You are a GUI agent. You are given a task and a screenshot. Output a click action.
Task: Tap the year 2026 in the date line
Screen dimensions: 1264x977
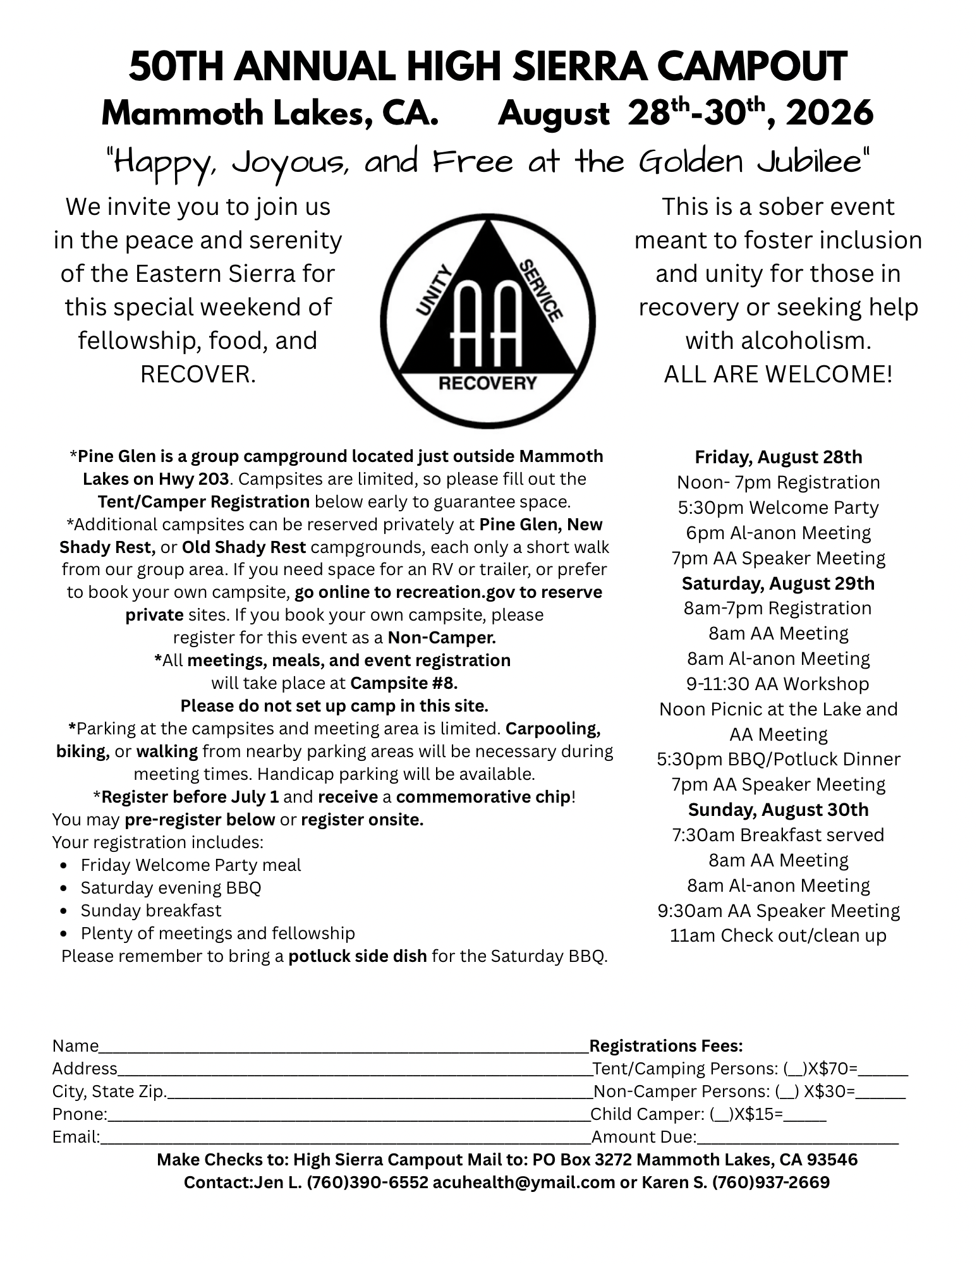829,114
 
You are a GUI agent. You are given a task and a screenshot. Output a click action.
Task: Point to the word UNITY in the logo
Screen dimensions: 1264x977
435,290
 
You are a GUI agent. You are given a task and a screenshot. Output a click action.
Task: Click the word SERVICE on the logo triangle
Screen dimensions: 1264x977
541,289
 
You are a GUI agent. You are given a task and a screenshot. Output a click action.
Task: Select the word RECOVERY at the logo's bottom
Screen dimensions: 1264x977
487,383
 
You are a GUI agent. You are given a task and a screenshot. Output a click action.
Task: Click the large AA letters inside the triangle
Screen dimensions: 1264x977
488,322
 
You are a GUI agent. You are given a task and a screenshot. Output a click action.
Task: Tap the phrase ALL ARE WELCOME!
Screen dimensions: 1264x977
778,374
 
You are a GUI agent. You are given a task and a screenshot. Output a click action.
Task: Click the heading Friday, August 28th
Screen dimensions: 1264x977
778,457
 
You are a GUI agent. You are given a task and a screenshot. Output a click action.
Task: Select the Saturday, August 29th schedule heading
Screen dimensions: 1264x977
778,583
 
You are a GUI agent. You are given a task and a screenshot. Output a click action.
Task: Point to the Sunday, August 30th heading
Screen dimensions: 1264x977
778,810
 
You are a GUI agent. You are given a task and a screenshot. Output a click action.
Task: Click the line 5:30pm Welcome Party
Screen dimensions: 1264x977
778,507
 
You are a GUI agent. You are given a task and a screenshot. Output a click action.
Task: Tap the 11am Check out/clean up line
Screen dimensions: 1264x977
778,935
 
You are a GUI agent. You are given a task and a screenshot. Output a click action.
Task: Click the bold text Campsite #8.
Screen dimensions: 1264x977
403,683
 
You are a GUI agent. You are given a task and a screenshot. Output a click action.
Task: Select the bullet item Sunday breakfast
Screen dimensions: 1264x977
151,911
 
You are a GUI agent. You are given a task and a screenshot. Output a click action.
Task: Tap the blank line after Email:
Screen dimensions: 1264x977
345,1138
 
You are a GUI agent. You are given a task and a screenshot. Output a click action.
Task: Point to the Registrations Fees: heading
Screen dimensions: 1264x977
666,1046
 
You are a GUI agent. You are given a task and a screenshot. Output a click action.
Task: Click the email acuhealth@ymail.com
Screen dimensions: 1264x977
524,1182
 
